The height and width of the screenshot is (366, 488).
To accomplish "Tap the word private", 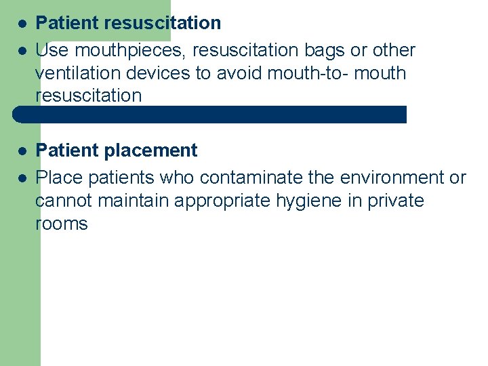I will (395, 201).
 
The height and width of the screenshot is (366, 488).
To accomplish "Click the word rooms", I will (62, 224).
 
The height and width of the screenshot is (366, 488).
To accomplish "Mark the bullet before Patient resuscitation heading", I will (22, 23).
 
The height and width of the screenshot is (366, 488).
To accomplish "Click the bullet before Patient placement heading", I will (22, 150).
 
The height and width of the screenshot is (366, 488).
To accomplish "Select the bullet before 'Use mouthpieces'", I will (22, 50).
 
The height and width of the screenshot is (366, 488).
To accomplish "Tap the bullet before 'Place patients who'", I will (22, 178).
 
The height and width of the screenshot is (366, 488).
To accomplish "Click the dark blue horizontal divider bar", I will (210, 114).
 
